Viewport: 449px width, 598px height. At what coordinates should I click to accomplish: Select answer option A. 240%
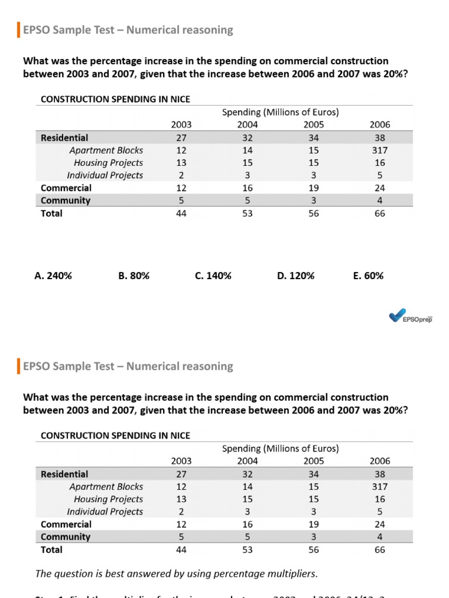click(x=53, y=276)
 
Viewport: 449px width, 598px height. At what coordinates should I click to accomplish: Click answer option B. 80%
click(x=134, y=276)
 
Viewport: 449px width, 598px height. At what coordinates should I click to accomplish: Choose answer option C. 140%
click(x=213, y=276)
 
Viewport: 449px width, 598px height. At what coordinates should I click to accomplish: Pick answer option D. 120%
click(x=296, y=276)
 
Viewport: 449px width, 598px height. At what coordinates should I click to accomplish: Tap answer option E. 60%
click(x=368, y=276)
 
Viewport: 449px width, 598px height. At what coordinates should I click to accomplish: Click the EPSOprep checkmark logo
click(x=399, y=316)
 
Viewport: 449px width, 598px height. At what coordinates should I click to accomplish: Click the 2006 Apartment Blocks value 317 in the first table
click(x=379, y=150)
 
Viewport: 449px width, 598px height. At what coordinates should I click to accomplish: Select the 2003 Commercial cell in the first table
click(x=181, y=188)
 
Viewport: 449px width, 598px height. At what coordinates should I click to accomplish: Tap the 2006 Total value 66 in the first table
click(x=379, y=213)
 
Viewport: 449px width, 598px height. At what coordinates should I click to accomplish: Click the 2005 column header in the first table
click(x=313, y=124)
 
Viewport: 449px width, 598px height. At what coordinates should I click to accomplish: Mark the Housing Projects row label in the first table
click(x=108, y=163)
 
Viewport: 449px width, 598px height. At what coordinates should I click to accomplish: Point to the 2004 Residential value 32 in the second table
click(x=247, y=474)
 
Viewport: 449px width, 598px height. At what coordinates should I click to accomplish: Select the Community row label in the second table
click(x=65, y=537)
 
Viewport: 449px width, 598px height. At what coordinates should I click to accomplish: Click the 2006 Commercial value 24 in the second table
click(x=379, y=524)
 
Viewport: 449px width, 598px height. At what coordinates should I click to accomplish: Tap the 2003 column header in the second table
click(x=181, y=461)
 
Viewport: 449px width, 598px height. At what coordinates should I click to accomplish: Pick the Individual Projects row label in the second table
click(x=105, y=512)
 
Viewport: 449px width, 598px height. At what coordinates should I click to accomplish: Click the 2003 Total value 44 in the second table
click(x=181, y=550)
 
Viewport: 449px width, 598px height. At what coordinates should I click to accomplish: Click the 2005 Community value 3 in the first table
click(x=313, y=200)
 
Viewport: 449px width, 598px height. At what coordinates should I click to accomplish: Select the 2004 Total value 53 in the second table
click(x=247, y=550)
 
